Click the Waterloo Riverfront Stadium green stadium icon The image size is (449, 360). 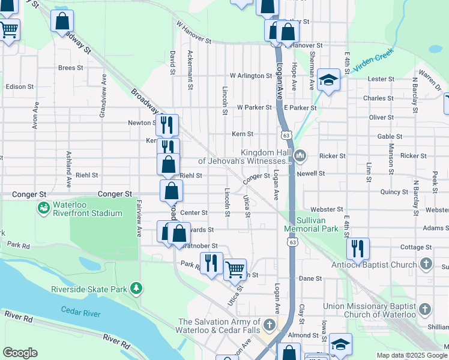coord(43,208)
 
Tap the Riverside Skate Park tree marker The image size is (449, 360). coord(137,289)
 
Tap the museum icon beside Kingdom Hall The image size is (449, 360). coord(300,156)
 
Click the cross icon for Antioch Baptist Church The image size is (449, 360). coord(426,264)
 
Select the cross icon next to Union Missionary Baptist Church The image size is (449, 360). coord(424,310)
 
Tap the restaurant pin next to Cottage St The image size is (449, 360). coord(357,248)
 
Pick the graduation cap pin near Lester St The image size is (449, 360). coord(328,80)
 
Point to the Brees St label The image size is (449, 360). coord(70,68)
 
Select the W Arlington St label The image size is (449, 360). coord(250,76)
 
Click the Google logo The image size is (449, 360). coord(20,353)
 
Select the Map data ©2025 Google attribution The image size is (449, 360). coord(411,355)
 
